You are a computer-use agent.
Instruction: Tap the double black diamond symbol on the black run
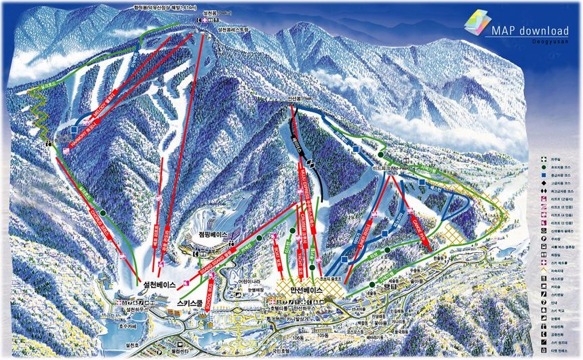(x=309, y=165)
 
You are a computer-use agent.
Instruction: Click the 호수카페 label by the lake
(x=123, y=325)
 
